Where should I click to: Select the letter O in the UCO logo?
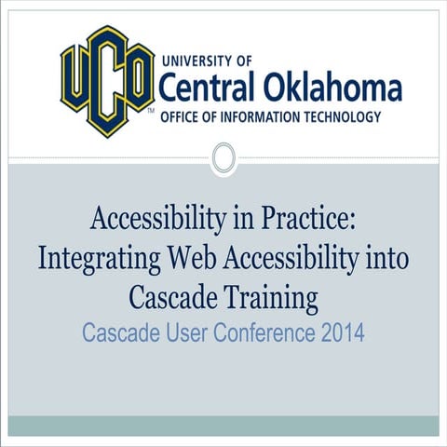tap(139, 74)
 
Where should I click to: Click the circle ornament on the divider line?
tap(223, 158)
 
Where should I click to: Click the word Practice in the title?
tap(307, 221)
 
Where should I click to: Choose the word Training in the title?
tap(270, 300)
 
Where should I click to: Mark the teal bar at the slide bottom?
tap(223, 426)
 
